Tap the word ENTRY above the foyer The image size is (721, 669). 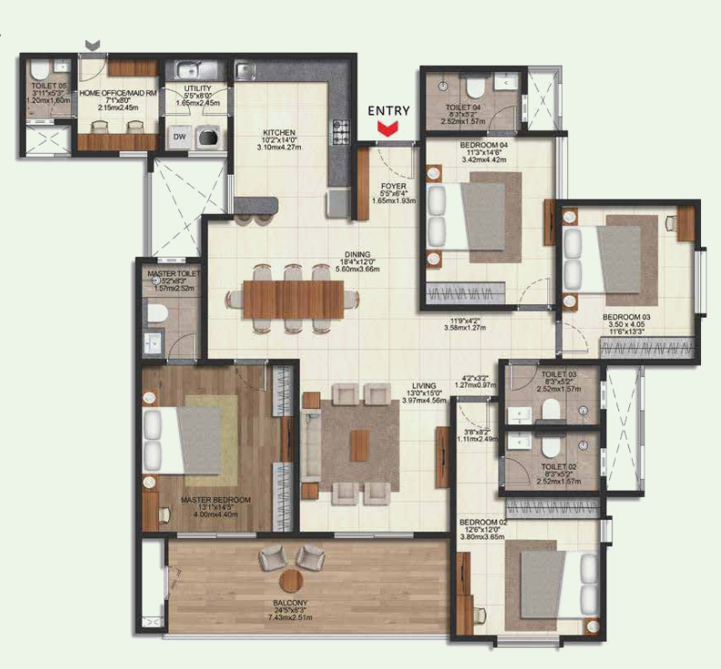coord(389,111)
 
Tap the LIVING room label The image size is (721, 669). coord(424,386)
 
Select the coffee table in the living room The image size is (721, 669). coord(359,444)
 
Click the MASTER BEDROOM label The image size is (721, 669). coord(215,500)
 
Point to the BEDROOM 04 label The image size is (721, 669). coord(478,146)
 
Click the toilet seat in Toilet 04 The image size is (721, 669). coord(473,87)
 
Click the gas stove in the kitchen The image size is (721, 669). coord(342,132)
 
